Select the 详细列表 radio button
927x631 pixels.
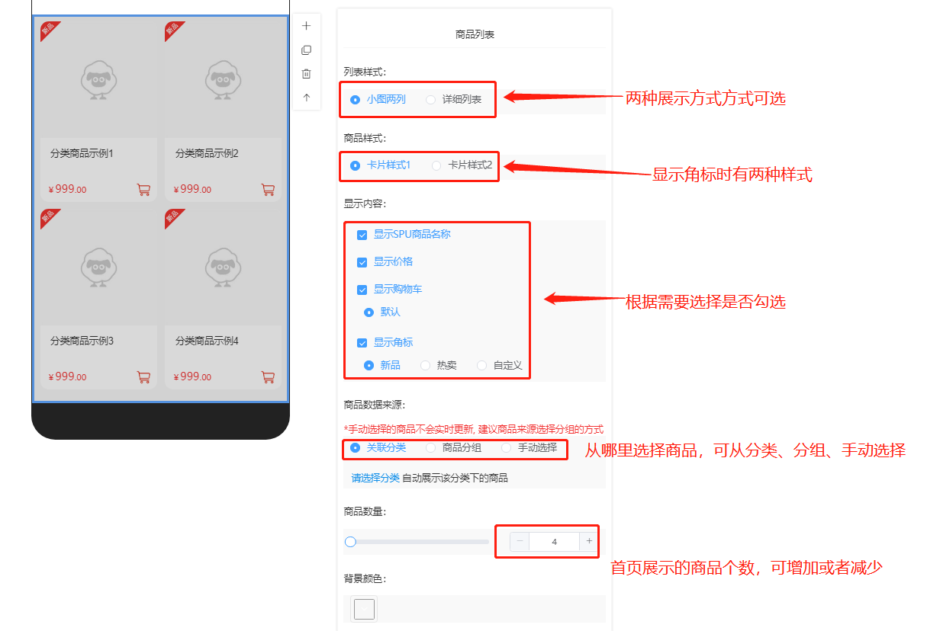[x=431, y=100]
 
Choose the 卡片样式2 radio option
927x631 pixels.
[x=436, y=165]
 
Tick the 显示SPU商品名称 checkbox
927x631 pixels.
[x=362, y=235]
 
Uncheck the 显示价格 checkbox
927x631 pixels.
[x=362, y=262]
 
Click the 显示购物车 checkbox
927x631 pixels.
[x=362, y=290]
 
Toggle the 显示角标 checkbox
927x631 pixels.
[x=362, y=343]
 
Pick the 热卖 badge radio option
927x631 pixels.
[x=425, y=365]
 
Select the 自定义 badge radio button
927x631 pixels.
[x=481, y=365]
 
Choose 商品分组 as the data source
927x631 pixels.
[x=431, y=447]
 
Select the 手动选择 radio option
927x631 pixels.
[x=506, y=447]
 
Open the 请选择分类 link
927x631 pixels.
[x=375, y=478]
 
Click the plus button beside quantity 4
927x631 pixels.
[x=589, y=541]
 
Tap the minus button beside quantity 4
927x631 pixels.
[x=520, y=541]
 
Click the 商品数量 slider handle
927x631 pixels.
[x=350, y=541]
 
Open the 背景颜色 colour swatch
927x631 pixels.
[x=364, y=609]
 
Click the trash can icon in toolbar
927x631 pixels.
[x=306, y=74]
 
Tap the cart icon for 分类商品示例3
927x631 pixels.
[x=143, y=377]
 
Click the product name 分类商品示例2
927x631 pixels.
[x=207, y=153]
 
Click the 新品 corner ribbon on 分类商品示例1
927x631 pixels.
[x=49, y=30]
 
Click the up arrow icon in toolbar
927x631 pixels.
[x=306, y=98]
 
